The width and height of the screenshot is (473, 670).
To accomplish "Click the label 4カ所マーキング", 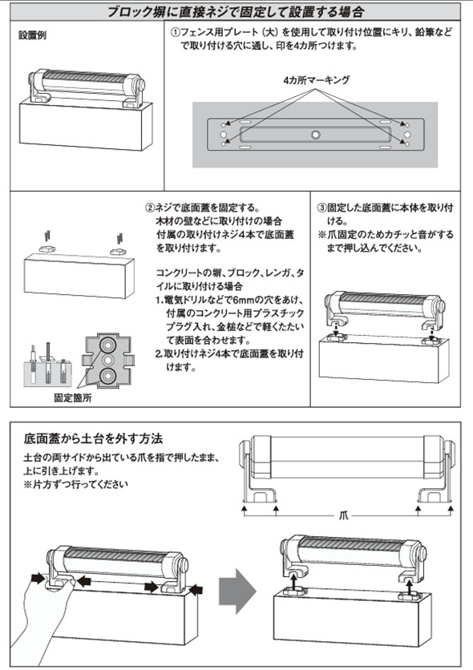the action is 316,80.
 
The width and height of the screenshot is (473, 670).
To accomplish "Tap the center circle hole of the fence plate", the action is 315,135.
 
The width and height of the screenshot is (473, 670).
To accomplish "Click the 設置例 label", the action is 33,35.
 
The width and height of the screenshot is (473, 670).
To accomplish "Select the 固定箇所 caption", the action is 73,398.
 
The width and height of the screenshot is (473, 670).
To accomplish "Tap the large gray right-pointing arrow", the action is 237,591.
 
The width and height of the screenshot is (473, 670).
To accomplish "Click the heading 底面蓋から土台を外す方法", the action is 94,438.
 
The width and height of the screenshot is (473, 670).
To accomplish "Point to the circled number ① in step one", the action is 176,33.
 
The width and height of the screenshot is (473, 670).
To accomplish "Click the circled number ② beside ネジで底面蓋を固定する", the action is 150,208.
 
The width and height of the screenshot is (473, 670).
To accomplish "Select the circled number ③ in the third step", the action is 321,208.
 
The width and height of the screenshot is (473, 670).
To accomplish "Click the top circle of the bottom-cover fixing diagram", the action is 107,344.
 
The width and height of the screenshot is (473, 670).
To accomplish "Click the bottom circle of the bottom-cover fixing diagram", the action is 107,376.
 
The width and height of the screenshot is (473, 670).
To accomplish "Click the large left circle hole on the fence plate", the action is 224,135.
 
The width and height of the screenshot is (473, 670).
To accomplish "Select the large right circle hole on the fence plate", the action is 407,135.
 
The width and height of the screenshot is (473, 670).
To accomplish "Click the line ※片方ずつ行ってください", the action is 75,485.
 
